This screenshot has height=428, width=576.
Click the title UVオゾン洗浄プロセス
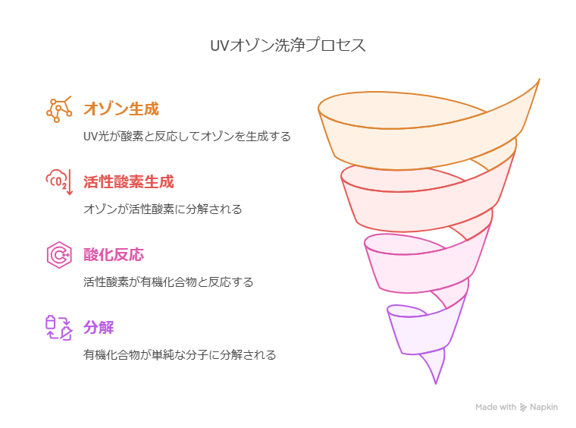pyautogui.click(x=288, y=46)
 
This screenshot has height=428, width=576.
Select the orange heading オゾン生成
pyautogui.click(x=121, y=109)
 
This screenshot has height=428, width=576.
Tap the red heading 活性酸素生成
pyautogui.click(x=129, y=181)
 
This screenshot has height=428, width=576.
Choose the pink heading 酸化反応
pyautogui.click(x=114, y=254)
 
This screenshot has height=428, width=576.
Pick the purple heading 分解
pyautogui.click(x=99, y=327)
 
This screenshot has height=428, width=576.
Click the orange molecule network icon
pyautogui.click(x=59, y=109)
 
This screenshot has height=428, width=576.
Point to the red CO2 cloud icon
pyautogui.click(x=60, y=181)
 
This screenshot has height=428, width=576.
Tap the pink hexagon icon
pyautogui.click(x=59, y=255)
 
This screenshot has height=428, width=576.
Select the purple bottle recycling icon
pyautogui.click(x=59, y=327)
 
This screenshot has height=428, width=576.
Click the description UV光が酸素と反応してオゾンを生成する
pyautogui.click(x=187, y=137)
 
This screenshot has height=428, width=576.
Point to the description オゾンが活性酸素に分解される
pyautogui.click(x=163, y=209)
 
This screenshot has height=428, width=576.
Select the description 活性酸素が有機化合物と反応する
pyautogui.click(x=168, y=282)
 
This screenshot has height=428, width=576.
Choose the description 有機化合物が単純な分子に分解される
pyautogui.click(x=180, y=355)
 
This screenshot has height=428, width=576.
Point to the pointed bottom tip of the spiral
pyautogui.click(x=436, y=383)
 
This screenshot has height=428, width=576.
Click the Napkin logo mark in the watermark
pyautogui.click(x=523, y=408)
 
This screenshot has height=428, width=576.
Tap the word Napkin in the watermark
pyautogui.click(x=543, y=408)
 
